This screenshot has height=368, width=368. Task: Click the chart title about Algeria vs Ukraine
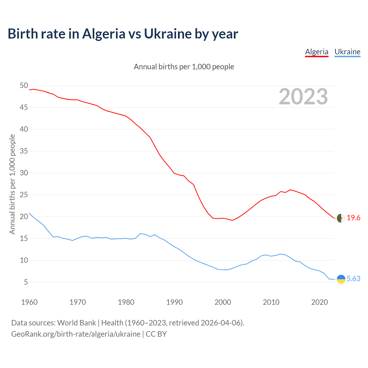click(123, 34)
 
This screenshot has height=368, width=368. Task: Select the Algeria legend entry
click(317, 52)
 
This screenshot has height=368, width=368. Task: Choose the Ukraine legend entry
click(347, 52)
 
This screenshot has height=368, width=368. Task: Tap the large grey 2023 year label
click(303, 97)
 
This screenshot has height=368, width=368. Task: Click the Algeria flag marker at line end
click(341, 218)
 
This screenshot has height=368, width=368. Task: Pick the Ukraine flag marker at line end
click(341, 279)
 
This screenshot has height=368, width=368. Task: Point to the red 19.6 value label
click(353, 218)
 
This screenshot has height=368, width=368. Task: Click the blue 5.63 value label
click(353, 279)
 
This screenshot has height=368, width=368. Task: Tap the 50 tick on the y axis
click(24, 85)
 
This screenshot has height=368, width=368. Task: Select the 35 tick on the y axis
click(24, 151)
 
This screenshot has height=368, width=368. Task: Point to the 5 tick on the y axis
click(26, 282)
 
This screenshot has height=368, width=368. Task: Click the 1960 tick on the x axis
click(29, 302)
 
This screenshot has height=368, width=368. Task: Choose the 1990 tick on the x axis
click(175, 302)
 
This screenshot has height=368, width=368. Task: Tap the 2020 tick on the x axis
click(320, 302)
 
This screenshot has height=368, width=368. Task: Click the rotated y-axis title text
click(12, 184)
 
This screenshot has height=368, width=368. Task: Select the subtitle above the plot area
click(184, 67)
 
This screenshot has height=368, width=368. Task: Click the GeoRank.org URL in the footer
click(76, 334)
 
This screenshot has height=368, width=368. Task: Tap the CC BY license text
click(156, 334)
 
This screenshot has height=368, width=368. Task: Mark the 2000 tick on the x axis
click(223, 302)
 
